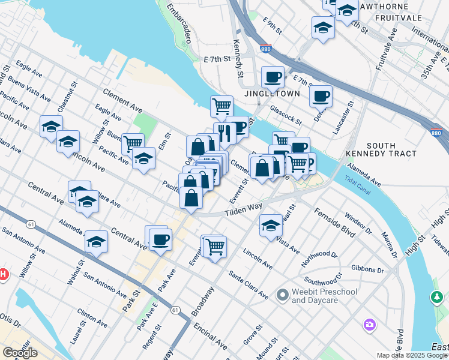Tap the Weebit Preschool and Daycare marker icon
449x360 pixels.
pyautogui.click(x=282, y=295)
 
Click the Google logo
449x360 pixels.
pyautogui.click(x=20, y=353)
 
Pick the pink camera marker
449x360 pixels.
pyautogui.click(x=370, y=325)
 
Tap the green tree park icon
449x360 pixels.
pyautogui.click(x=437, y=297)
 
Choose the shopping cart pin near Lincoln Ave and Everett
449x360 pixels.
pyautogui.click(x=214, y=245)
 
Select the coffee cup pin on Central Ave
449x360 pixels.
pyautogui.click(x=160, y=240)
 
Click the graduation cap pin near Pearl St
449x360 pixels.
pyautogui.click(x=271, y=226)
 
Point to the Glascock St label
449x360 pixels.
pyautogui.click(x=285, y=106)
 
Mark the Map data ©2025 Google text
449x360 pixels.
pyautogui.click(x=412, y=355)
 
